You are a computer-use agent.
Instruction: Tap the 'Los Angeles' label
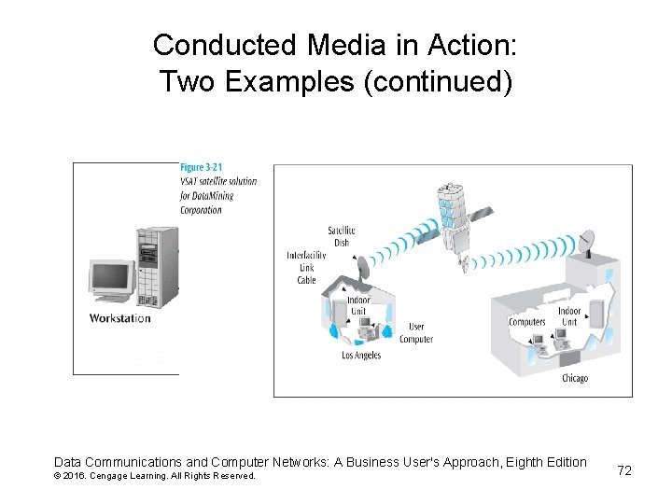pos(361,356)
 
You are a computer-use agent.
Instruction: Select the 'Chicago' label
pos(575,378)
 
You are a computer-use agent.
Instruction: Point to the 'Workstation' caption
pos(119,318)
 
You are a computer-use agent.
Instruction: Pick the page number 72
pos(624,470)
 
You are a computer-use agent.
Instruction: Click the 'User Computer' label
pos(415,333)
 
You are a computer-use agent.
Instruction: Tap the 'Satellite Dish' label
pos(341,237)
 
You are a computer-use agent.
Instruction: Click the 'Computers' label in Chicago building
pos(526,322)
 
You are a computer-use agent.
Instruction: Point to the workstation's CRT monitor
pos(109,279)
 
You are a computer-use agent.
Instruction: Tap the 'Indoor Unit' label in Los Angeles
pos(358,306)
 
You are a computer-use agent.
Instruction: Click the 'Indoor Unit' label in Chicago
pos(569,316)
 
